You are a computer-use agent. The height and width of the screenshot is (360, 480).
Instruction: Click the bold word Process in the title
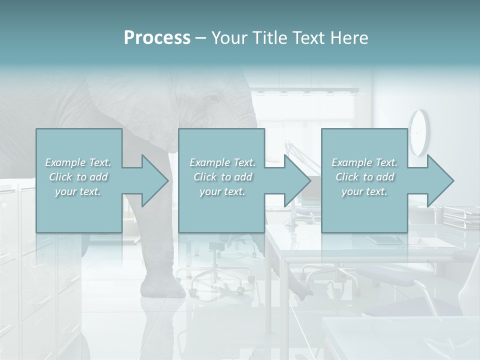[x=157, y=38]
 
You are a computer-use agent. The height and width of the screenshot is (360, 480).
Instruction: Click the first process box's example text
[x=78, y=177]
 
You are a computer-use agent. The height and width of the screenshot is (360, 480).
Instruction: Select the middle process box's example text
[x=222, y=177]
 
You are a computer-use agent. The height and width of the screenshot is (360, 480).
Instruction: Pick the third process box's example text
[x=364, y=177]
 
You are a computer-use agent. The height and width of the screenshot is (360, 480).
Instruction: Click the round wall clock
[x=418, y=132]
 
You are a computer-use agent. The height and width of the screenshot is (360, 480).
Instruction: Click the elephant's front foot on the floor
[x=162, y=288]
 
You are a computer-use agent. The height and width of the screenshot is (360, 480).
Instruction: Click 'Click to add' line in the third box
[x=364, y=177]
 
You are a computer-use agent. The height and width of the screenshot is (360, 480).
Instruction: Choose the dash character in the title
[x=201, y=38]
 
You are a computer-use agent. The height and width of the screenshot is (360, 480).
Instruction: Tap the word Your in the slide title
[x=230, y=38]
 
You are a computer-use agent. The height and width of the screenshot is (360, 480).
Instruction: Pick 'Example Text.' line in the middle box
[x=222, y=162]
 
